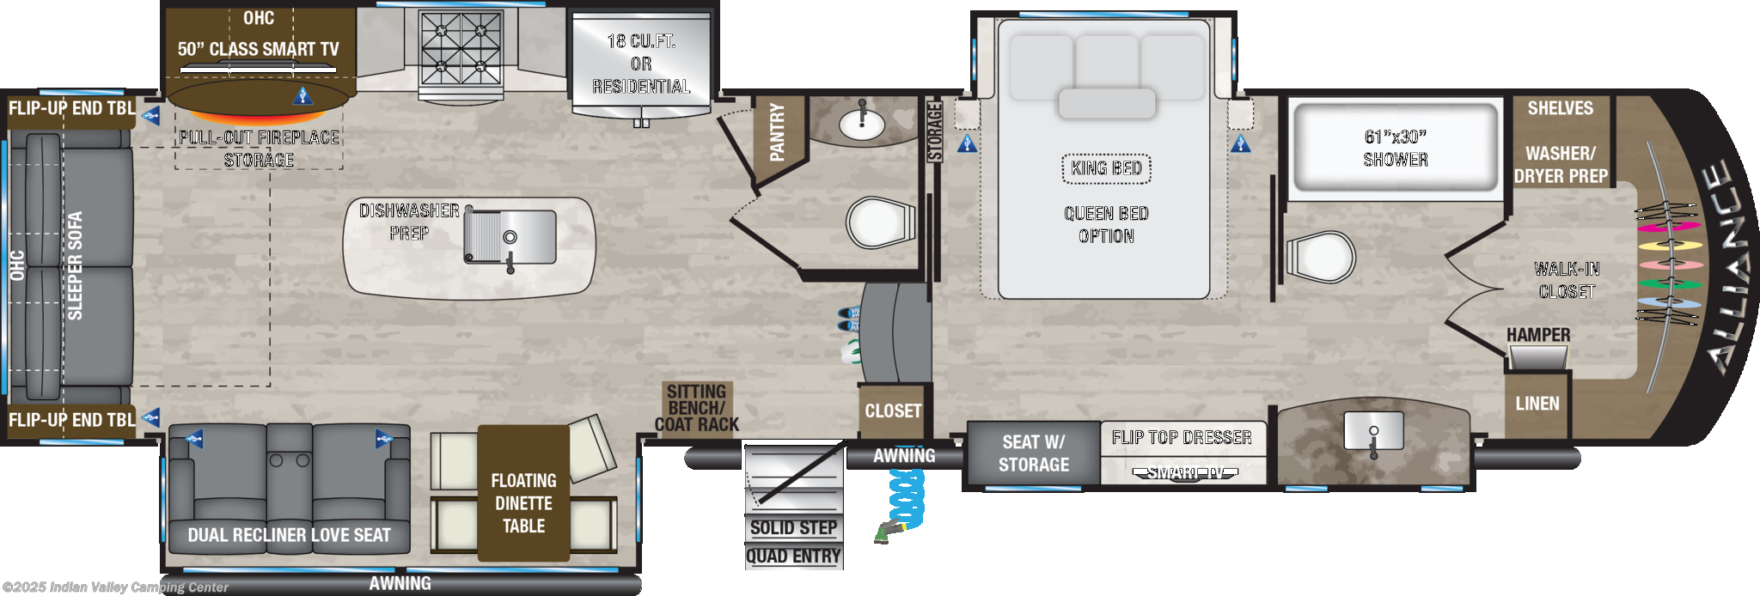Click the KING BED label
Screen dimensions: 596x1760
coord(1106,168)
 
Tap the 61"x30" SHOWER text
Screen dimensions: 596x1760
coord(1395,148)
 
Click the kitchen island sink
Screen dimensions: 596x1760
coord(510,235)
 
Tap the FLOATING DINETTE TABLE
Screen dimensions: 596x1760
coord(523,502)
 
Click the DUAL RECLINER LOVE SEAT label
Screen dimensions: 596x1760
coord(289,535)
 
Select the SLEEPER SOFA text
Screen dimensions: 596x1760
coord(76,265)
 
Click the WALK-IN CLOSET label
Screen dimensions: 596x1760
coord(1567,280)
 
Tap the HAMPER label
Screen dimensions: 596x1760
coord(1537,335)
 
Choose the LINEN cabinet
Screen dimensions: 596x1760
coord(1537,404)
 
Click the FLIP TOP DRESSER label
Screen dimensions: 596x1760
coord(1181,438)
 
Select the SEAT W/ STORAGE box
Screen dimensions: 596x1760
coord(1033,453)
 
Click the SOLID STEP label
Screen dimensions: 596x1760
coord(792,528)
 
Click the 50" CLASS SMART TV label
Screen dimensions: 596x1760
coord(258,49)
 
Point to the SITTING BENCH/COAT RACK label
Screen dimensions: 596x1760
coord(697,407)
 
